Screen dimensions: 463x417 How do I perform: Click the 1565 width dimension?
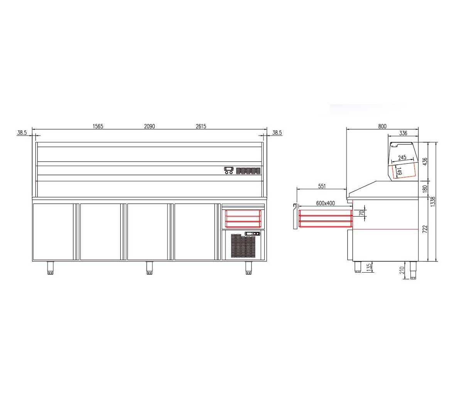tap(98, 126)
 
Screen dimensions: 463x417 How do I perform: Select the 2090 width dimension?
tap(150, 126)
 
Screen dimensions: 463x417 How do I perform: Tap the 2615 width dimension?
tap(201, 126)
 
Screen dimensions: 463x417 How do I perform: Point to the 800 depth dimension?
tap(382, 126)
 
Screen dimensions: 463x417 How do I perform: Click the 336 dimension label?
tap(403, 133)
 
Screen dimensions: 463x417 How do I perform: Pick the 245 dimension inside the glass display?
tap(402, 158)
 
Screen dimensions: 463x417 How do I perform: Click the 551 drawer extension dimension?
tap(322, 186)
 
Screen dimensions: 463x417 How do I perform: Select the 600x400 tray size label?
tap(325, 203)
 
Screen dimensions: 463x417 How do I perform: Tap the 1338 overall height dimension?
tap(433, 202)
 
